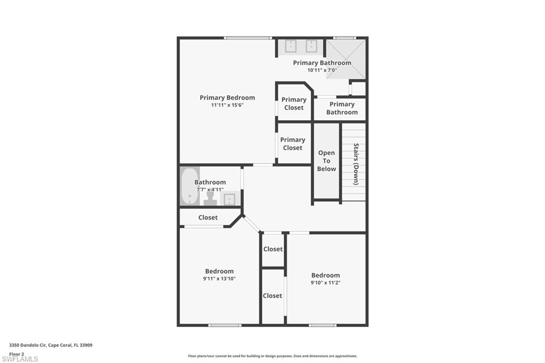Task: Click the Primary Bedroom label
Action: click(227, 97)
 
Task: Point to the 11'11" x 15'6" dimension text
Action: click(227, 105)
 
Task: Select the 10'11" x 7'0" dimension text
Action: click(322, 70)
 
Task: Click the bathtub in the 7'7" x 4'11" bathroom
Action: click(188, 186)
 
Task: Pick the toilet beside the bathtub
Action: click(210, 199)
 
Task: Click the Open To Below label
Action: click(326, 161)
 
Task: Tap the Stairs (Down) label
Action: click(356, 164)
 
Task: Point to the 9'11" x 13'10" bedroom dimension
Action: click(219, 278)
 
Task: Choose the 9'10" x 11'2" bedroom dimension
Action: click(325, 283)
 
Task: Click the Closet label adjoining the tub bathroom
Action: click(208, 217)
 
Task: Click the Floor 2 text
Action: click(16, 353)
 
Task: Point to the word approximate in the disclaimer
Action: click(345, 356)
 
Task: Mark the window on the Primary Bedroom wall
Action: click(247, 38)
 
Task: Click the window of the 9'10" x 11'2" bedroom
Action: click(323, 325)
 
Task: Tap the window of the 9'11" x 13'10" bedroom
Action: click(224, 325)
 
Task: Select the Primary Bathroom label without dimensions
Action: click(342, 108)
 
